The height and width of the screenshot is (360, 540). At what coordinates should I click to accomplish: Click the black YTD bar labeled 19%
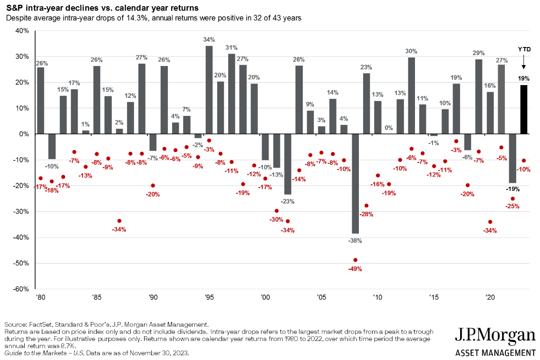click(524, 109)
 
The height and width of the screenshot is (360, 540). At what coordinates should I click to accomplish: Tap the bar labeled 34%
click(209, 90)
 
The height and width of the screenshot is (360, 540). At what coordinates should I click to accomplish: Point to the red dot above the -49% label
click(355, 260)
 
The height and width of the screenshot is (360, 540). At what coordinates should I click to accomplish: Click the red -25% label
click(512, 207)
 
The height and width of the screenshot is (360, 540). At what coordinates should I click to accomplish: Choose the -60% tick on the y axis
click(21, 289)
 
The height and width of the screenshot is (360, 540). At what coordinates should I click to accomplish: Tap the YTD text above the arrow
click(524, 49)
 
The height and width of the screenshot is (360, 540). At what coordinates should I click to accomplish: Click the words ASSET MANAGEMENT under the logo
click(495, 353)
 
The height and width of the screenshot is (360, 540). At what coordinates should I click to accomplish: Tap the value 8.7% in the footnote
click(69, 346)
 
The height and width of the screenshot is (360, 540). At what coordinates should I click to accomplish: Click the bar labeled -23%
click(288, 164)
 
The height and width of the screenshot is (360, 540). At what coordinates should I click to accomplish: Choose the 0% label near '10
click(389, 128)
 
